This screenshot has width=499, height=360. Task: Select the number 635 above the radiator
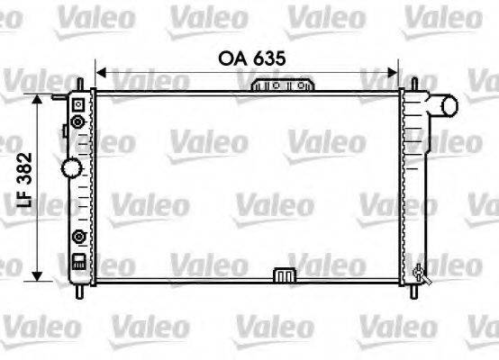[x=268, y=58]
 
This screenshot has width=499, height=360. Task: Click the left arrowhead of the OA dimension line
[x=100, y=71]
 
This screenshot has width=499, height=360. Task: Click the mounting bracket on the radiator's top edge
[x=284, y=85]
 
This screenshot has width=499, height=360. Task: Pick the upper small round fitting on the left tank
[x=79, y=121]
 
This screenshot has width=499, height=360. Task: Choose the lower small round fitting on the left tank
[x=79, y=238]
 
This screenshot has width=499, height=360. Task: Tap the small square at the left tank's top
[x=78, y=103]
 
